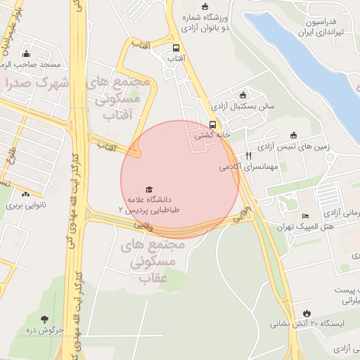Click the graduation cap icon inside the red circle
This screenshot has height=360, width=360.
(148, 190)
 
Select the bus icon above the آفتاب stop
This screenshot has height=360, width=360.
(176, 48)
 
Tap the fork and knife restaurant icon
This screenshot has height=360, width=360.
(248, 155)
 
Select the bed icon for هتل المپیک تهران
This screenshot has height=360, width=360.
(304, 216)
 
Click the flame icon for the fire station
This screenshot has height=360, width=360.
(307, 313)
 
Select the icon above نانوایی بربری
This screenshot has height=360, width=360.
(26, 195)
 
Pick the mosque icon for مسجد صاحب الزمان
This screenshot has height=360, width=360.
(27, 53)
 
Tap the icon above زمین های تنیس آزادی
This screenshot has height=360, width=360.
(294, 136)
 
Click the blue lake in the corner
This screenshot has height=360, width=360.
(309, 49)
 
